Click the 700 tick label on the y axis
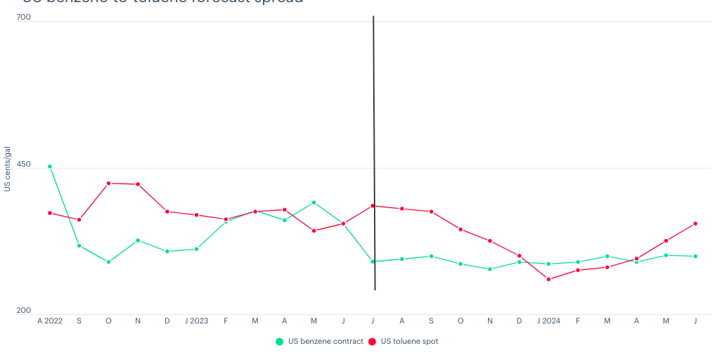coord(23,16)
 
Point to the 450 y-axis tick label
coord(23,165)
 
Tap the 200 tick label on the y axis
coord(23,310)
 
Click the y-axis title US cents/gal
coord(7,169)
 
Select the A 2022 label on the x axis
coord(50,321)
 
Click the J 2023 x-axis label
coord(196,321)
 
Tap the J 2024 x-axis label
coord(548,321)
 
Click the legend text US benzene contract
coord(326,342)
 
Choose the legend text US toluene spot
coord(409,342)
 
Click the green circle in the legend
coord(279,342)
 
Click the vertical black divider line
coord(374,141)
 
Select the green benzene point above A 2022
coord(50,167)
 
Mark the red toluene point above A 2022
coord(50,213)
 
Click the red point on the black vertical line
coord(373,206)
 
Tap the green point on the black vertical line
coord(373,262)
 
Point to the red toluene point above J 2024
coord(548,279)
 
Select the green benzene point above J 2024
coord(548,264)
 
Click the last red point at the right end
coord(695,224)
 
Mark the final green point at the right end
coord(695,257)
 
